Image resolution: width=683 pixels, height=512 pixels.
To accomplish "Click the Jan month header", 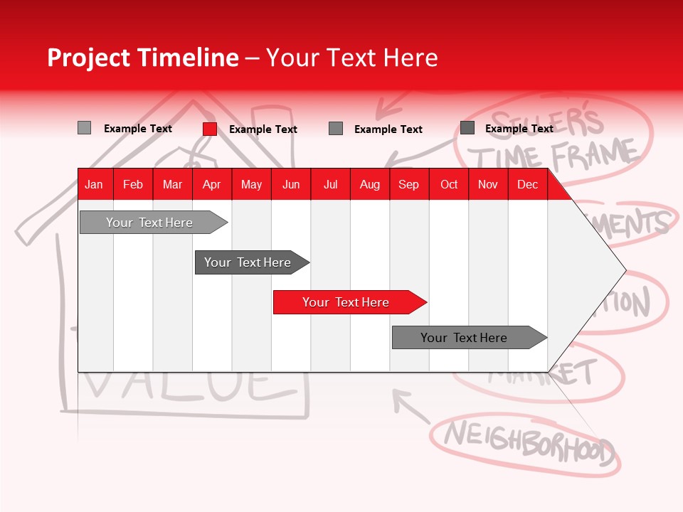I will (x=94, y=184).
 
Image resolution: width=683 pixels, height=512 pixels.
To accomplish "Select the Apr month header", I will (x=212, y=184).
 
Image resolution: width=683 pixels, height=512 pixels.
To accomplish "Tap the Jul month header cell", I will (x=330, y=184).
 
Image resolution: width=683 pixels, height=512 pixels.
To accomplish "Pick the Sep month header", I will (x=408, y=184).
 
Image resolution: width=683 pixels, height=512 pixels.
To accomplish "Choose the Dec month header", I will (x=527, y=184).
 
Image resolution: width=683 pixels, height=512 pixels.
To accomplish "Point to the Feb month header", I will (x=133, y=184).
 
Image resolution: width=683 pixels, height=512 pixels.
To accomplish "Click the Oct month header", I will (x=449, y=184).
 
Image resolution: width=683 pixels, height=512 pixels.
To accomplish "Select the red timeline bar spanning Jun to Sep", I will (x=347, y=302).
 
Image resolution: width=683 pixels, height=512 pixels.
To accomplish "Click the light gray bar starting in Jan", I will (x=151, y=223).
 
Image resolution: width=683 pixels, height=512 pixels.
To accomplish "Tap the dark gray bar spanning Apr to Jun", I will (x=249, y=262).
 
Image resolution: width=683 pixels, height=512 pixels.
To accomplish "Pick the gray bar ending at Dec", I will (x=466, y=338).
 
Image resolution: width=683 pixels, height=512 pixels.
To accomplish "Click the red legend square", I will (x=210, y=129).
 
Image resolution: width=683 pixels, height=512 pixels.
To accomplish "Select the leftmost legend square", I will (x=84, y=128).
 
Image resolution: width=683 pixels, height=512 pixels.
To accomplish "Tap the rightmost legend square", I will (x=467, y=128).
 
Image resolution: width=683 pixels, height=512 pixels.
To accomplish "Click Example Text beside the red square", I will (x=263, y=129).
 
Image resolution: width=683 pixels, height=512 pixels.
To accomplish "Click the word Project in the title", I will (x=88, y=58).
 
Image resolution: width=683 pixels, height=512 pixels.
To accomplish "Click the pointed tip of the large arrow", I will (x=624, y=270).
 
